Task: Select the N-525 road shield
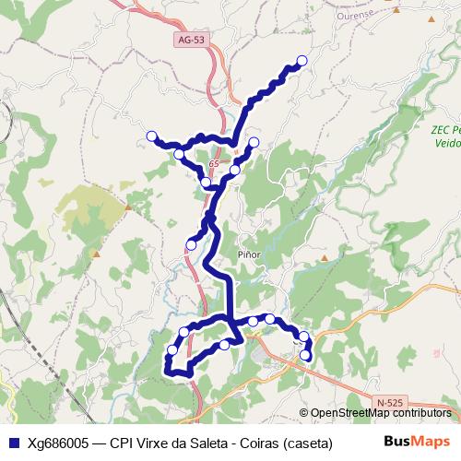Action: pyautogui.click(x=390, y=403)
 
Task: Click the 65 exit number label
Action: pyautogui.click(x=214, y=163)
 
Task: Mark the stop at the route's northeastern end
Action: pyautogui.click(x=301, y=61)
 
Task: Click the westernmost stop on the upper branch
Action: pyautogui.click(x=152, y=136)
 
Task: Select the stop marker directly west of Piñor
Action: pyautogui.click(x=192, y=244)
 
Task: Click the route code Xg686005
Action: pyautogui.click(x=61, y=443)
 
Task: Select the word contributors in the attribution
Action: pyautogui.click(x=422, y=413)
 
